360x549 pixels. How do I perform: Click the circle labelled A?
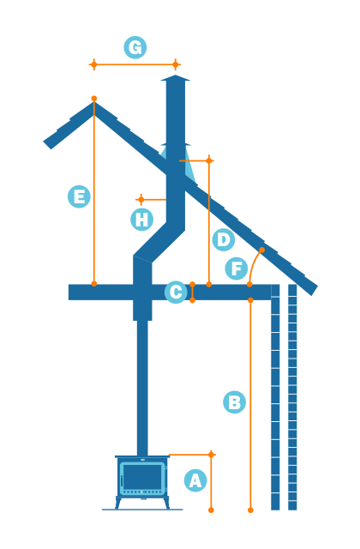click(195, 480)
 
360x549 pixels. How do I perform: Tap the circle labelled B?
click(234, 402)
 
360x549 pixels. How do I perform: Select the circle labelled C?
click(176, 293)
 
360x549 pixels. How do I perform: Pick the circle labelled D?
click(224, 239)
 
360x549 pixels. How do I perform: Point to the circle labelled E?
click(79, 196)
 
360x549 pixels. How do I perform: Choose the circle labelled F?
click(237, 268)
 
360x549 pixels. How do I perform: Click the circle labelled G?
click(135, 47)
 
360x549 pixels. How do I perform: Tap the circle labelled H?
click(141, 220)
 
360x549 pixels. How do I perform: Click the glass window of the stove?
click(142, 477)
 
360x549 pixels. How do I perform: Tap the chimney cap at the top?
click(175, 79)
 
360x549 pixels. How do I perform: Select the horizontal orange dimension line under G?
click(135, 64)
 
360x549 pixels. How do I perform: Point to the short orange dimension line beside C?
click(192, 293)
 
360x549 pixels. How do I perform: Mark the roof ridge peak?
click(93, 104)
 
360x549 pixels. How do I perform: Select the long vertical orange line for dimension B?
click(250, 403)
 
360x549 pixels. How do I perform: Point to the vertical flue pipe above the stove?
click(142, 386)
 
